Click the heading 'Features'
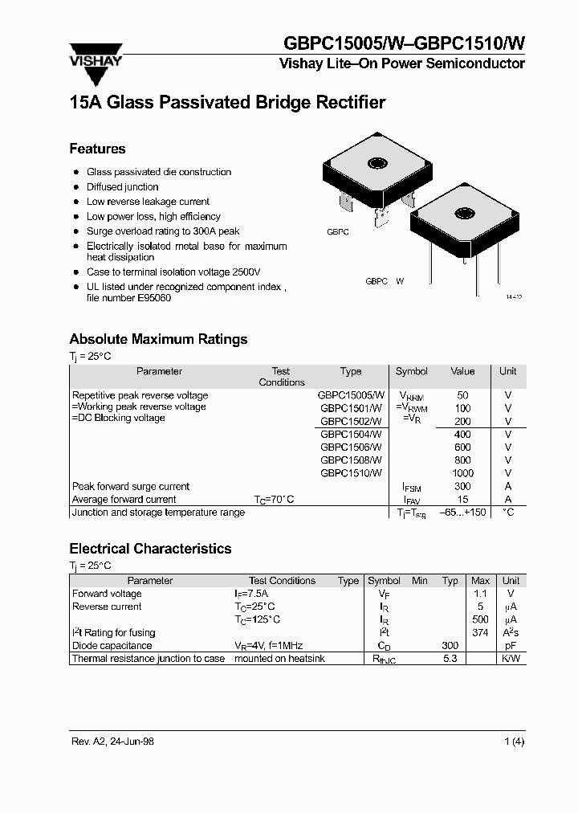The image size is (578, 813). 97,149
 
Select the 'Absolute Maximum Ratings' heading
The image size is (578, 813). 158,339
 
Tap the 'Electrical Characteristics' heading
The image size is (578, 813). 150,549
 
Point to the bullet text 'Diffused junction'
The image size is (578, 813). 123,186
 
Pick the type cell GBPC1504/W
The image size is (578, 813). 351,434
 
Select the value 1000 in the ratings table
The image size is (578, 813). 462,473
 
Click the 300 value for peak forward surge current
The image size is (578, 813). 462,486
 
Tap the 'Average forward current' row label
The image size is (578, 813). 124,499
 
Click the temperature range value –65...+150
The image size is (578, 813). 463,512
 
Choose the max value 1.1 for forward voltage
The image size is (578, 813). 480,594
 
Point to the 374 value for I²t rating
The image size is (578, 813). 480,632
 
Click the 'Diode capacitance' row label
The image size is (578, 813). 112,645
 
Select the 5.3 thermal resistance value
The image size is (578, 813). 450,659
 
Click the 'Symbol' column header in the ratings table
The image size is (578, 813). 412,371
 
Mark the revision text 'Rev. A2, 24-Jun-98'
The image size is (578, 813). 112,742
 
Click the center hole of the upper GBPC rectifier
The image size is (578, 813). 377,164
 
